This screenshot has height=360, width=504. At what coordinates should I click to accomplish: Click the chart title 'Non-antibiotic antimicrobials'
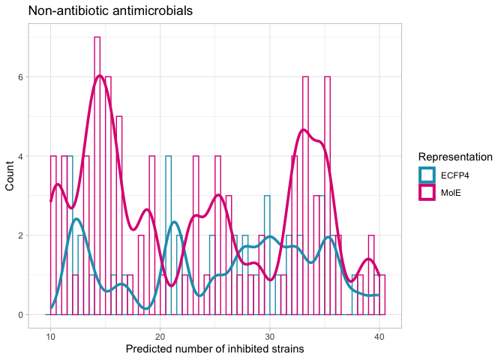[x=111, y=11]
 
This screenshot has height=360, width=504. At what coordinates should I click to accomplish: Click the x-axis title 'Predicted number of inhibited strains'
[x=214, y=349]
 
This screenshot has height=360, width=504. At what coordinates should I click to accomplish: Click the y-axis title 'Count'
[x=11, y=175]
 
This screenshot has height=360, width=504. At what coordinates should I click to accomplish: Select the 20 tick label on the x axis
[x=160, y=335]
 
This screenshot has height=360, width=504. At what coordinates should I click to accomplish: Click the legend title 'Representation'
[x=454, y=157]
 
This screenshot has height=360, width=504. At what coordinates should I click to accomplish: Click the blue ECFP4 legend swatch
[x=427, y=175]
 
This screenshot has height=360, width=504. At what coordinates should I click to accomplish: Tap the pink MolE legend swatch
[x=427, y=192]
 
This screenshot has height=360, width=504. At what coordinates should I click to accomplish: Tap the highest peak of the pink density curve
[x=100, y=75]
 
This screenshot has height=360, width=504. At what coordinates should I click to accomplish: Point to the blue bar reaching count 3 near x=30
[x=267, y=255]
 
